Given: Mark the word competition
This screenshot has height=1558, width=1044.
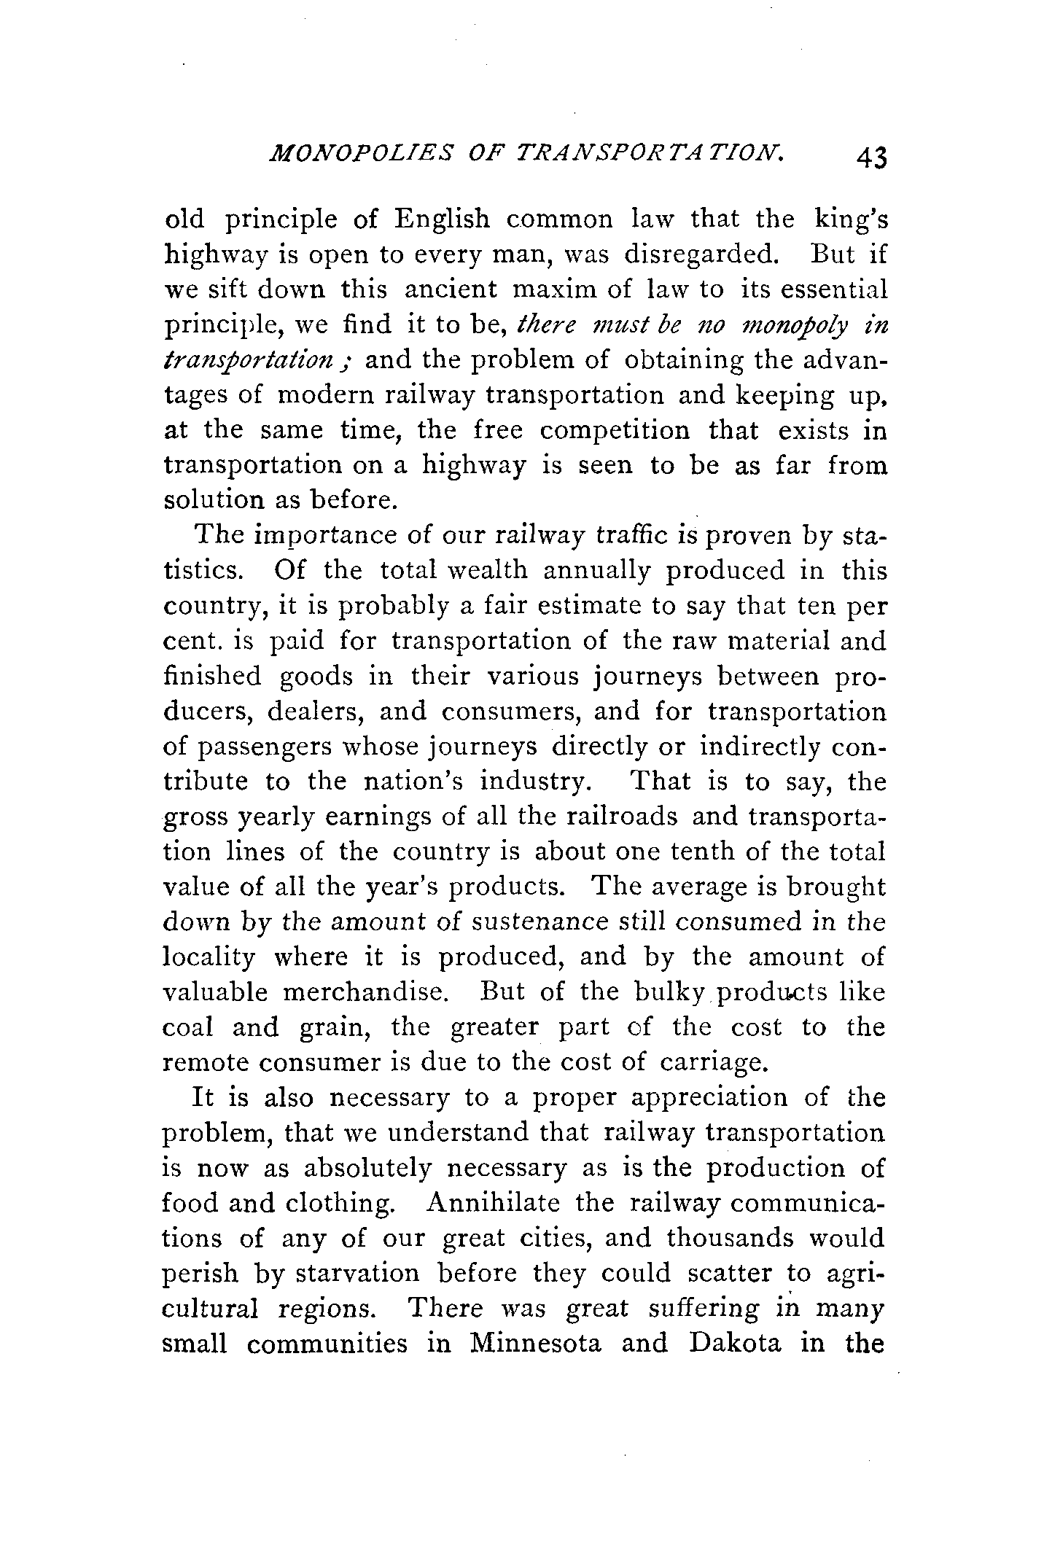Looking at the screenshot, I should point(615,430).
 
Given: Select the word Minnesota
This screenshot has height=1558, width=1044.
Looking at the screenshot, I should point(537,1343).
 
